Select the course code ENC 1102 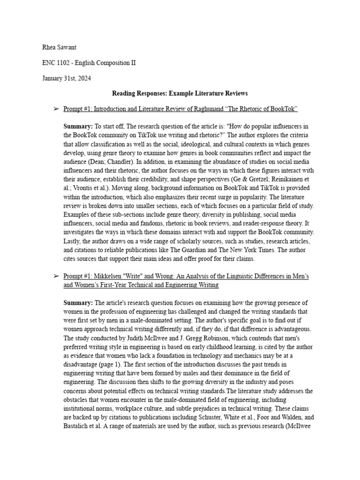55,63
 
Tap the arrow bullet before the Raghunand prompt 56,109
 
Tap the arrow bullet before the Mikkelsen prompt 56,277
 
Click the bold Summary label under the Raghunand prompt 78,127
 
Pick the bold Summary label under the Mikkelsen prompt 78,303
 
